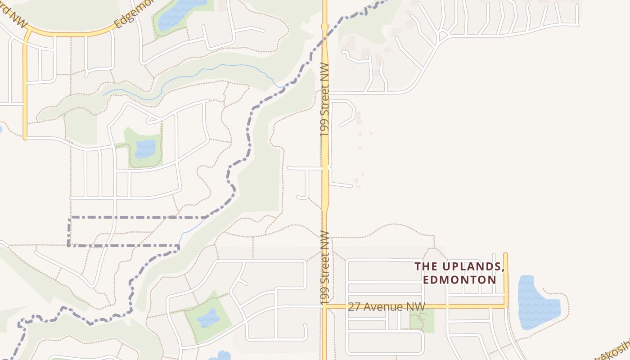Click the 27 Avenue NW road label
click(386, 307)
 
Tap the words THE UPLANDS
click(459, 266)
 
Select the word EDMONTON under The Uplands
click(459, 279)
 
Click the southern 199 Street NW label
click(325, 267)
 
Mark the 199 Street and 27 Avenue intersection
click(325, 306)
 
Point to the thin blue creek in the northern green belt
click(202, 72)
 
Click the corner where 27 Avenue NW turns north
click(506, 306)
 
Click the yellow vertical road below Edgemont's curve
click(25, 90)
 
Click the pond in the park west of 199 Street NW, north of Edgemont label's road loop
click(145, 148)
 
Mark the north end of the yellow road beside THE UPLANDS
click(505, 255)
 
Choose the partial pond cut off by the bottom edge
click(220, 355)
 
